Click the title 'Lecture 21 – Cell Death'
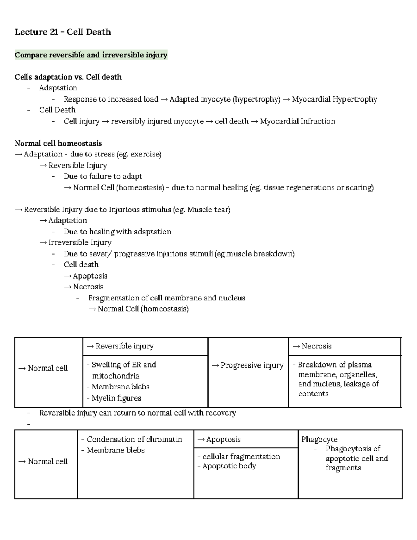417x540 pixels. pos(63,32)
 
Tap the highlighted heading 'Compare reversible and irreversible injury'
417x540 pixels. pos(91,55)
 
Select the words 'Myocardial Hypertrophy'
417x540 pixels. pos(334,99)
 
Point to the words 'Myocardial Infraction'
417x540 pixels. pos(297,121)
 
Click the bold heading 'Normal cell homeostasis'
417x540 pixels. pos(58,143)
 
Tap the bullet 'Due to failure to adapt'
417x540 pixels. pos(103,176)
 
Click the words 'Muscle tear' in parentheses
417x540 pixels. pos(208,210)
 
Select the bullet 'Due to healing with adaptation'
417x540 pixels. pos(117,232)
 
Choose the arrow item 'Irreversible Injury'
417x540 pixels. pos(80,242)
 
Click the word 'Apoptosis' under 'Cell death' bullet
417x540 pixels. pos(90,276)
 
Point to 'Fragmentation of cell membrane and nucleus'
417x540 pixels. pos(166,298)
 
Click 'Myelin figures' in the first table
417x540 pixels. pos(116,398)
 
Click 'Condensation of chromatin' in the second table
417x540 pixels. pos(134,439)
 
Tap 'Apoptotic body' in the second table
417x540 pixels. pos(229,466)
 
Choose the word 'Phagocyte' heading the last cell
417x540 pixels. pos(319,439)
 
